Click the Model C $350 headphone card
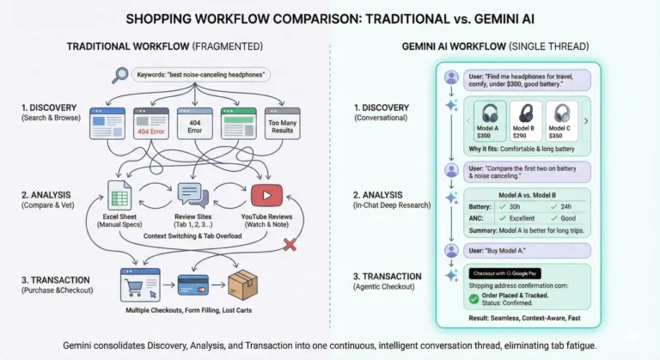pos(562,121)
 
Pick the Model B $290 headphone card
pos(526,121)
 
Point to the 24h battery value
pos(567,206)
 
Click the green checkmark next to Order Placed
pos(474,298)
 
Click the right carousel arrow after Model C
pos(586,121)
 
